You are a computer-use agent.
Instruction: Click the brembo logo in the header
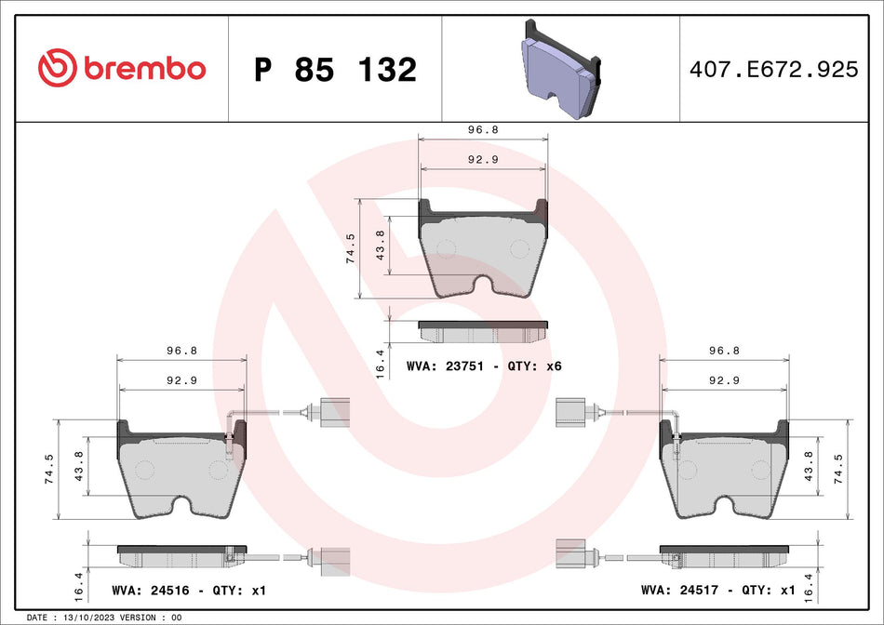[x=122, y=68]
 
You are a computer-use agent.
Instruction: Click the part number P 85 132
[x=335, y=70]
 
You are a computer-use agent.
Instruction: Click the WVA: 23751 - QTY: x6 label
[x=484, y=366]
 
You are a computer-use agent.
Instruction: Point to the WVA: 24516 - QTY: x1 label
[x=188, y=591]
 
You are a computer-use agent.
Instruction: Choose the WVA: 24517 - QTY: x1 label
[x=717, y=591]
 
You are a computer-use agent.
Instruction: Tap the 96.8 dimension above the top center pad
[x=483, y=130]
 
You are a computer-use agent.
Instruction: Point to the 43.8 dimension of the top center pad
[x=379, y=245]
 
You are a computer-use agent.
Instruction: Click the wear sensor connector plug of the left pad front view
[x=330, y=410]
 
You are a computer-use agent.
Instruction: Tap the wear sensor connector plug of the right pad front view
[x=569, y=410]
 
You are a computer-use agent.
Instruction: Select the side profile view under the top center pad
[x=483, y=331]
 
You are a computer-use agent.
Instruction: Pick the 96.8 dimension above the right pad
[x=723, y=352]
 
